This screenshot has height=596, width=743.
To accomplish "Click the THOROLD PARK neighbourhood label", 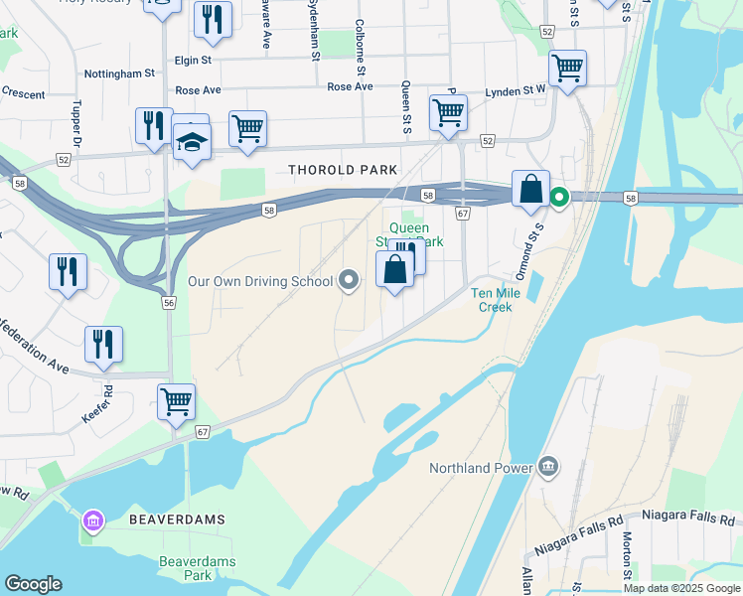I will click(343, 170).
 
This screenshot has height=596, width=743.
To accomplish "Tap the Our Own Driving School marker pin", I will click(349, 281).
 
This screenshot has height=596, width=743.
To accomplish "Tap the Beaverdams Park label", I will click(198, 568).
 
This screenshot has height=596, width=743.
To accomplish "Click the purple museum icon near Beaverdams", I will click(93, 520).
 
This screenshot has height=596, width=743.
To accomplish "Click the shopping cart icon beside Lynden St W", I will click(567, 70).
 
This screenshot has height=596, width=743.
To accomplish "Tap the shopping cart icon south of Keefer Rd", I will click(176, 402).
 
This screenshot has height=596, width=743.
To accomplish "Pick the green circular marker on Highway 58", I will click(559, 198).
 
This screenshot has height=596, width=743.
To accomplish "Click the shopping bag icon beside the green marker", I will click(530, 188).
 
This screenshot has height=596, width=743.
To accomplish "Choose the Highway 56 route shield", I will click(170, 303).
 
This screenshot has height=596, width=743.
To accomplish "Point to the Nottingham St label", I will click(120, 74).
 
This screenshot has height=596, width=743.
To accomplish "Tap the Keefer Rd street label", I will click(97, 406).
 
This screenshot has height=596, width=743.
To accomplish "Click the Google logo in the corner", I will click(33, 584).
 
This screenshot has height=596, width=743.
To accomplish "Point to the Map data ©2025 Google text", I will click(681, 588).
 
